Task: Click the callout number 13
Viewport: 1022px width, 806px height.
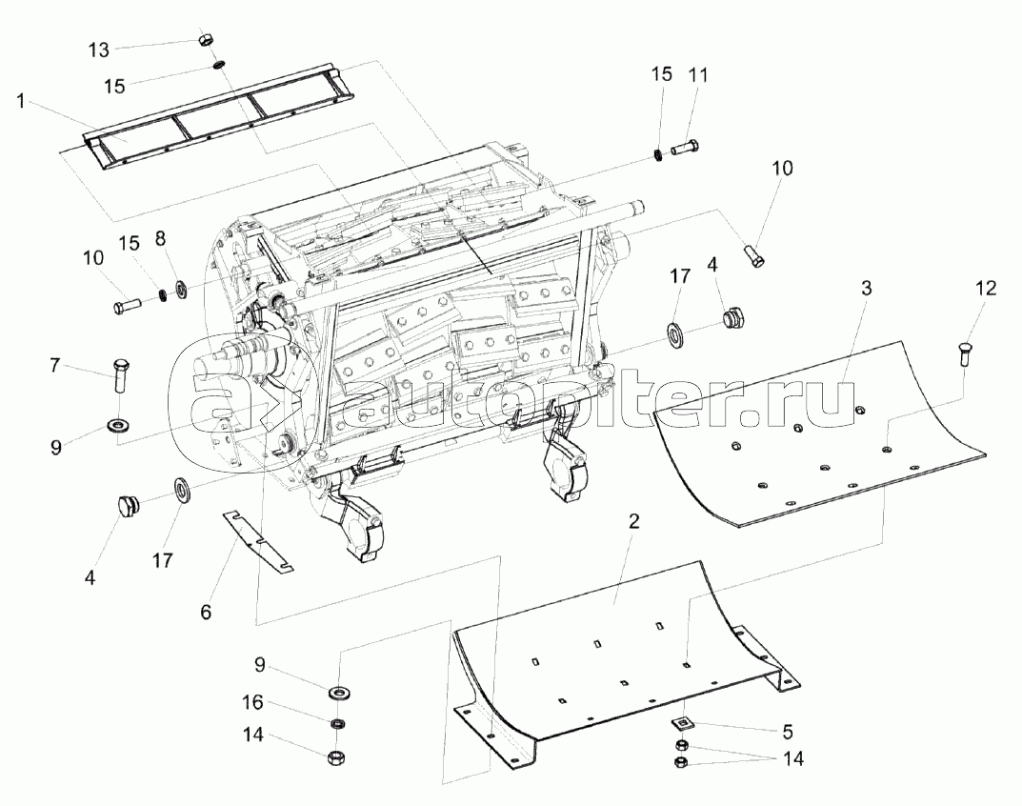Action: pyautogui.click(x=99, y=50)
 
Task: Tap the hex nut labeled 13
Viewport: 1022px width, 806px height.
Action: pyautogui.click(x=204, y=39)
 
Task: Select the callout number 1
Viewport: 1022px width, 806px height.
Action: pyautogui.click(x=21, y=100)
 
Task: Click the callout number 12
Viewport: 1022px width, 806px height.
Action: pyautogui.click(x=986, y=288)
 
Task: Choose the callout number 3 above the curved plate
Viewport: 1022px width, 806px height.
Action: pyautogui.click(x=866, y=288)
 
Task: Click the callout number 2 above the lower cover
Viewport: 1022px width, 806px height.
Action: pyautogui.click(x=633, y=521)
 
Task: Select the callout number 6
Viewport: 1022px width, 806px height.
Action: pyautogui.click(x=206, y=612)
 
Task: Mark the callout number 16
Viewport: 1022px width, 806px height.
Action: pyautogui.click(x=253, y=702)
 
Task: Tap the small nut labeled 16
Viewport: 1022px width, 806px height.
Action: pyautogui.click(x=337, y=724)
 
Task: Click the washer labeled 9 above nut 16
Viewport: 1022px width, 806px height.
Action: pyautogui.click(x=338, y=691)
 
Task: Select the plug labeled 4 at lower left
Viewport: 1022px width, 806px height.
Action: pyautogui.click(x=127, y=505)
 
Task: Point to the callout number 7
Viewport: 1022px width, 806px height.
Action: pyautogui.click(x=54, y=365)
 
